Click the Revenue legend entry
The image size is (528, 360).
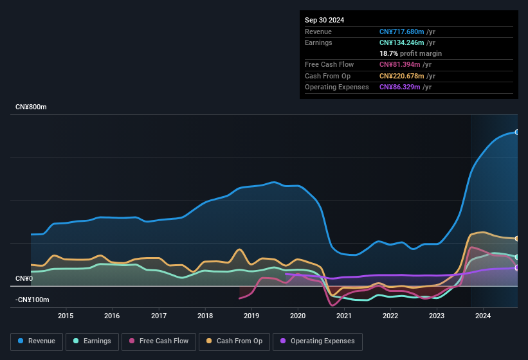[37, 341]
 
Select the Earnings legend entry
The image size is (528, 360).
[92, 341]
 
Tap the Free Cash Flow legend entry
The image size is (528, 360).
[159, 341]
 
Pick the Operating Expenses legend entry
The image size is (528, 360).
[318, 341]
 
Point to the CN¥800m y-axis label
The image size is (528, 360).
[31, 107]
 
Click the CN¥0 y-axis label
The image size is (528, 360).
[24, 278]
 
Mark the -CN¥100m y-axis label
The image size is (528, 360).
[32, 300]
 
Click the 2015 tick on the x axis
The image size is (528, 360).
[66, 316]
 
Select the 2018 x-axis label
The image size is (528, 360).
[205, 316]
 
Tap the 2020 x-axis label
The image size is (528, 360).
[298, 316]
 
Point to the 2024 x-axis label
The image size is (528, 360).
[483, 316]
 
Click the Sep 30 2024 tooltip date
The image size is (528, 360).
[324, 20]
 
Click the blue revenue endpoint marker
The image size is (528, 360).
[517, 132]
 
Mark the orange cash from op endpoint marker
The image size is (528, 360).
[517, 239]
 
